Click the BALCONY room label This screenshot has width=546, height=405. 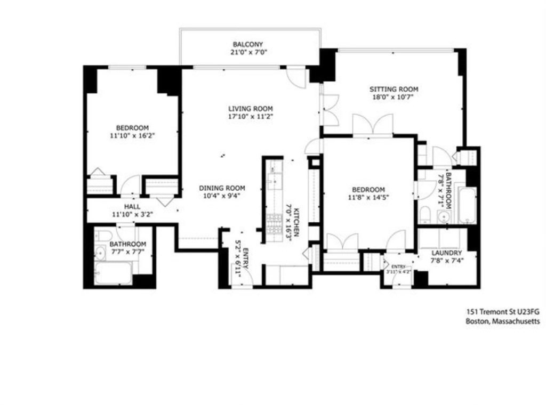(247, 44)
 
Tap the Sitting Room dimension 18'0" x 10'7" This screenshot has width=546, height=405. (394, 98)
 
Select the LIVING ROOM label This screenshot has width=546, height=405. (250, 109)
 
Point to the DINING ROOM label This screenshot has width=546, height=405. (222, 188)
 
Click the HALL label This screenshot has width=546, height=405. (132, 206)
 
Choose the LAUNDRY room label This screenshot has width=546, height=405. (447, 253)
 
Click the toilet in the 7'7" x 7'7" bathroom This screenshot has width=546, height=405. (103, 236)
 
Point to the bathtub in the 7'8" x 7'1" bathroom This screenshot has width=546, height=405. (466, 205)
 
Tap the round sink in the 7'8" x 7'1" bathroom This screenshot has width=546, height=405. (442, 216)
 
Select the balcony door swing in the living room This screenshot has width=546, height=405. (296, 77)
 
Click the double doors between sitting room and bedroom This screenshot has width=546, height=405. (373, 125)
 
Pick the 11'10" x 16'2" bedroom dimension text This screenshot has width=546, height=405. (132, 136)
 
